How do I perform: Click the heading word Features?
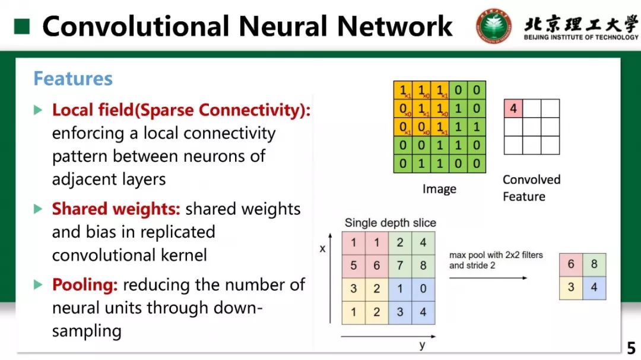[x=72, y=79]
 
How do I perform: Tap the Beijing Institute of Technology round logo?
[x=494, y=27]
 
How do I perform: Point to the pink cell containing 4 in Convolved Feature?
[x=513, y=109]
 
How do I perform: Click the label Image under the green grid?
[x=439, y=189]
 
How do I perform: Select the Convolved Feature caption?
[x=531, y=187]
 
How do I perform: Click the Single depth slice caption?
[x=390, y=223]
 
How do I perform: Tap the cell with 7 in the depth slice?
[x=400, y=266]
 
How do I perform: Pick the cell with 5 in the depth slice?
[x=354, y=266]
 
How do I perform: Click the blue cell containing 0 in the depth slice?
[x=423, y=289]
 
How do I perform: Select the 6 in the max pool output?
[x=571, y=265]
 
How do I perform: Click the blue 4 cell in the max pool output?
[x=594, y=288]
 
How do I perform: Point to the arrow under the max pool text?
[x=488, y=278]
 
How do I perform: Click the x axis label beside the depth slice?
[x=323, y=249]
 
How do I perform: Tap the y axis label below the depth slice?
[x=422, y=345]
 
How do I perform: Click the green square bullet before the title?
[x=22, y=26]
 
